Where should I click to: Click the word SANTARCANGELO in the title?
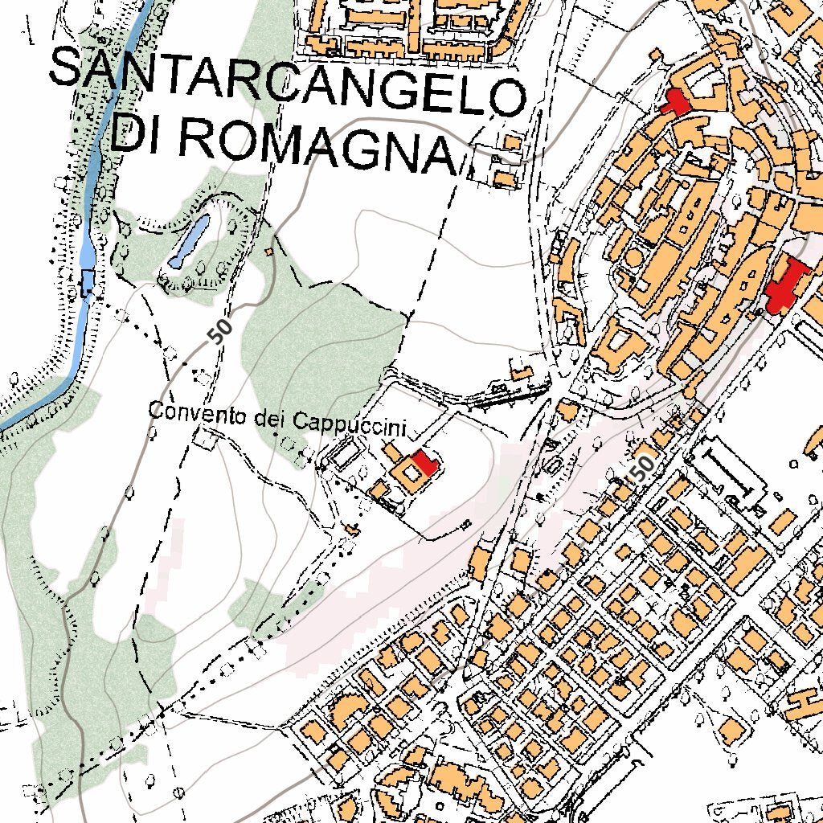[x=287, y=81]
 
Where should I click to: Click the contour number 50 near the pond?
[x=219, y=330]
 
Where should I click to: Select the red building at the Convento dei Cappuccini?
[x=424, y=461]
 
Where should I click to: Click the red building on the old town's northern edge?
[x=674, y=102]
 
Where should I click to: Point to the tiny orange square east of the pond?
[x=269, y=252]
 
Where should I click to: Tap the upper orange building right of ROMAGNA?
[x=511, y=142]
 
